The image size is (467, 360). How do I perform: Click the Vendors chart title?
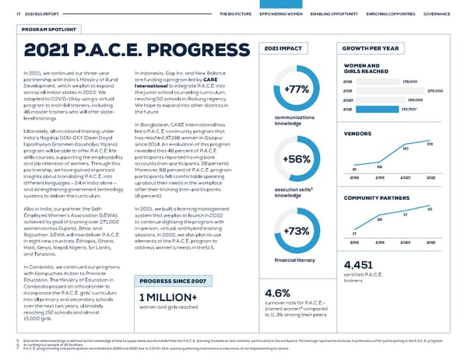[356, 132]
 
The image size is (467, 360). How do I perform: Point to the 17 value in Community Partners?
[355, 233]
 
